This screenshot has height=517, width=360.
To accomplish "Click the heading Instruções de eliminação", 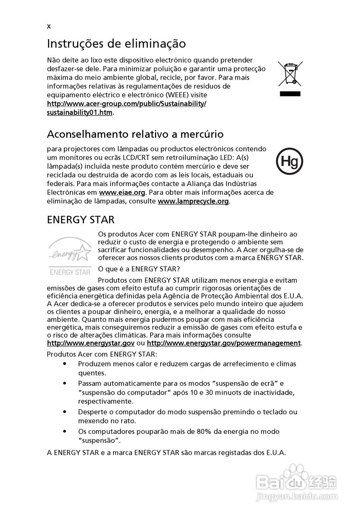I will [116, 43].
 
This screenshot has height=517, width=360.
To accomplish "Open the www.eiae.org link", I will [122, 193].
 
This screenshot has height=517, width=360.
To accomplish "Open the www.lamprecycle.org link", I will [193, 201].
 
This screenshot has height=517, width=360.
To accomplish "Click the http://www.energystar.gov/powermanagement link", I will [224, 343].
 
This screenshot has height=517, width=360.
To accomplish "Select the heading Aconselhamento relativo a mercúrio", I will [135, 134].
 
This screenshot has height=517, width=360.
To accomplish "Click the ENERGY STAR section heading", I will [81, 220].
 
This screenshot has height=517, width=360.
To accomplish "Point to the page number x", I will [49, 27].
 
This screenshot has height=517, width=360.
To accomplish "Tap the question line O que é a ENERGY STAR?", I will [139, 269].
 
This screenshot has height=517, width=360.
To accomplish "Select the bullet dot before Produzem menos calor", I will [65, 364].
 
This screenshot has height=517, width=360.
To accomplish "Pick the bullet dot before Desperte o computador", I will [65, 412].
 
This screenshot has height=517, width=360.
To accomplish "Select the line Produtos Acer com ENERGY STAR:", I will [102, 354].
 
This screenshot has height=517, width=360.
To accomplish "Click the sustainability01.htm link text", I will [80, 112].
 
